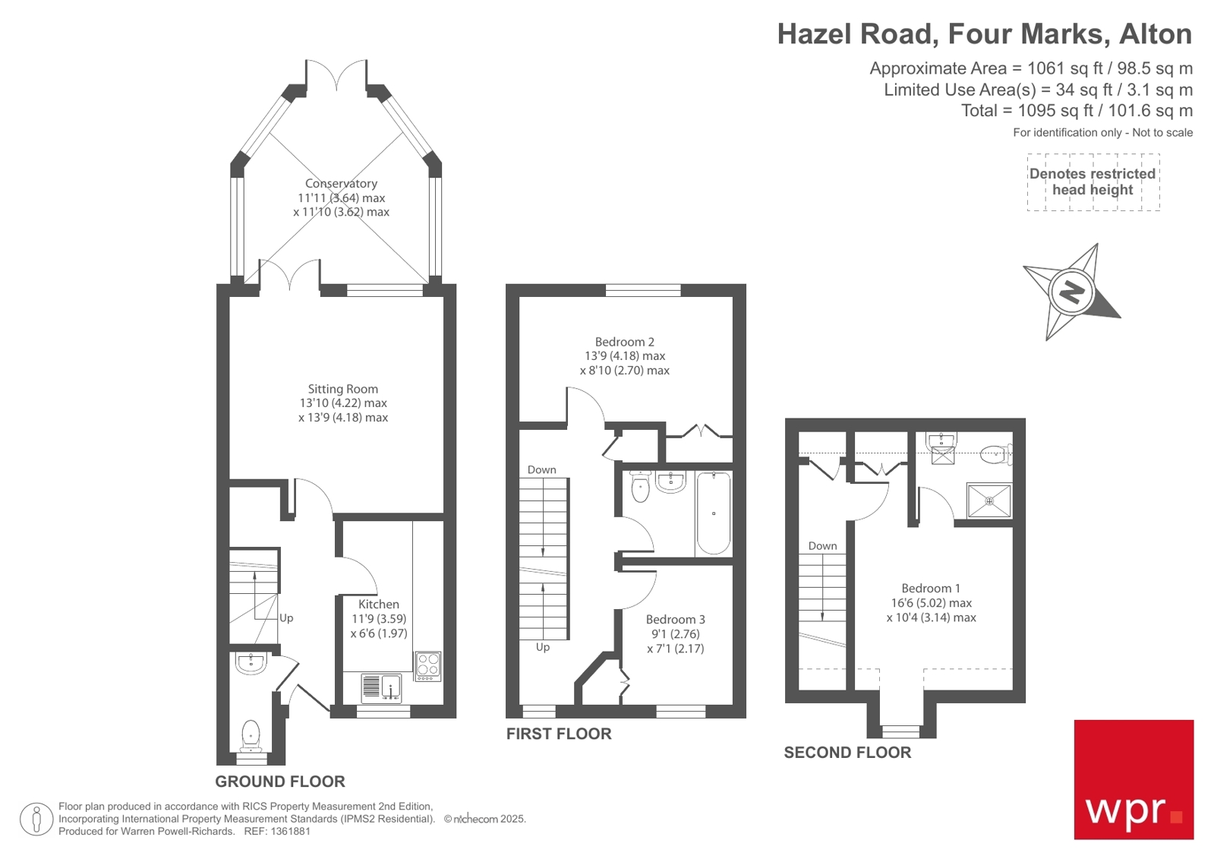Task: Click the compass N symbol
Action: (1071, 292)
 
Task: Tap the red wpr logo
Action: (1133, 779)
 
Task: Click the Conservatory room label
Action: (341, 183)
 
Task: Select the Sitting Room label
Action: (342, 389)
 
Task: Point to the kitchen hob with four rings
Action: (427, 666)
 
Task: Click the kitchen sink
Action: (381, 687)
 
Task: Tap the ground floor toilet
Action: (251, 734)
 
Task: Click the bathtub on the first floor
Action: (713, 513)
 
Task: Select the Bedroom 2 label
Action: (624, 342)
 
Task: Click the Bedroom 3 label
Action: (675, 619)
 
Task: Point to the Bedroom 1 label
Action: (931, 588)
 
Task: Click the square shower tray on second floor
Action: (989, 501)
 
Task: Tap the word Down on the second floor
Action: (822, 545)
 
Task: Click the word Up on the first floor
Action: (542, 647)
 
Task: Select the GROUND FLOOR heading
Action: (279, 782)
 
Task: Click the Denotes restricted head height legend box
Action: (1093, 182)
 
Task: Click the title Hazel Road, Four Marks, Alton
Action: (984, 34)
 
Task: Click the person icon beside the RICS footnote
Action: (36, 819)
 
